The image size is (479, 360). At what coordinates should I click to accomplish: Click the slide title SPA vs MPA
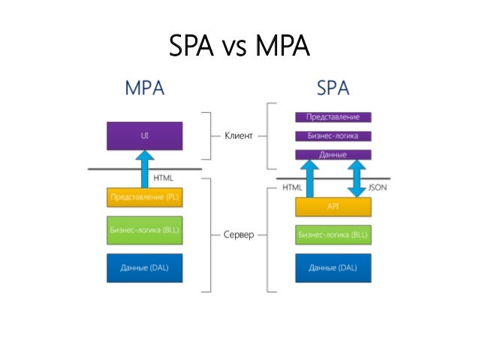point(239,47)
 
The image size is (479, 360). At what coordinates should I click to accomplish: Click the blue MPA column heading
point(144,88)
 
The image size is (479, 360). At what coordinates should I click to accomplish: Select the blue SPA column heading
point(333,88)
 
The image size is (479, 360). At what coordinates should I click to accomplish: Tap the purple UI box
point(144,136)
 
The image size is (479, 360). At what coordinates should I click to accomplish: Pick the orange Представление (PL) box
point(144,198)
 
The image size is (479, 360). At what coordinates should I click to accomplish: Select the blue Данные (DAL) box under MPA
point(144,268)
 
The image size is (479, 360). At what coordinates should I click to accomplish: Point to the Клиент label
point(239,136)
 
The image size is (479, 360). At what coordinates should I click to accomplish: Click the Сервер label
point(238,234)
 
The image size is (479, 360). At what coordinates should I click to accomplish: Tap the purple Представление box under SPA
point(333,117)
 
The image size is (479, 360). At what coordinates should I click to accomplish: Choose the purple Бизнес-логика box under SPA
point(333,136)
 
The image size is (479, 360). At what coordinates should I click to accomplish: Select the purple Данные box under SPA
point(333,155)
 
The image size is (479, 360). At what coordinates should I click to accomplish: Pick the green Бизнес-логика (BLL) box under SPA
point(333,234)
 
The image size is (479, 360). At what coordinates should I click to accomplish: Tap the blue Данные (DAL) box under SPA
point(333,268)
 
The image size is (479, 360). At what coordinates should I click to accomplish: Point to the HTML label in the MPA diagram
point(163,178)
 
